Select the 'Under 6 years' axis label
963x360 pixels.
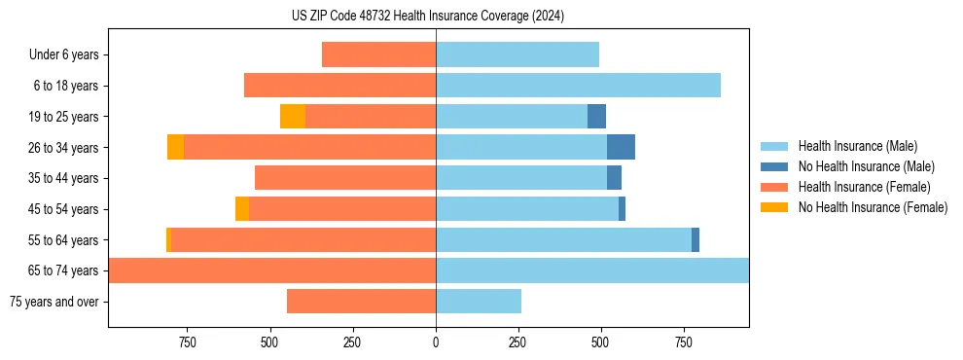click(x=63, y=54)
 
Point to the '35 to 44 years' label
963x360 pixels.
click(x=63, y=178)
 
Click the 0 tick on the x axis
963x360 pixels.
click(x=436, y=342)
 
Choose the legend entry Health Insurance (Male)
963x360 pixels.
click(x=857, y=146)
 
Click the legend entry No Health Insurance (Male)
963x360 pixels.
click(x=866, y=166)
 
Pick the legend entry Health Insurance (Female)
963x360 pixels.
click(x=864, y=187)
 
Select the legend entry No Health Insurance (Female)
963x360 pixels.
click(x=873, y=207)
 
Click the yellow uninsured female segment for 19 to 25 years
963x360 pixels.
click(x=293, y=117)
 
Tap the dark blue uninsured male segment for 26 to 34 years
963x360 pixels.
click(x=621, y=147)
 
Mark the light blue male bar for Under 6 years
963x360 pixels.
click(x=517, y=54)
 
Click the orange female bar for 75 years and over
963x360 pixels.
click(x=361, y=302)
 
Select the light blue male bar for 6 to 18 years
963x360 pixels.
click(x=578, y=86)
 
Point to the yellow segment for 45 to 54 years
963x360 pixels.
click(x=242, y=209)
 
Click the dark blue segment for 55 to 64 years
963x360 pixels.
click(x=695, y=239)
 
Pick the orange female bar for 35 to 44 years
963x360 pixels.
click(x=345, y=178)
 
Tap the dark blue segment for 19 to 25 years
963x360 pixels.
click(x=596, y=117)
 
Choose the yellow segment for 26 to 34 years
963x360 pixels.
click(x=175, y=147)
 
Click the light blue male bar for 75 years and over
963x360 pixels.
click(x=479, y=302)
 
